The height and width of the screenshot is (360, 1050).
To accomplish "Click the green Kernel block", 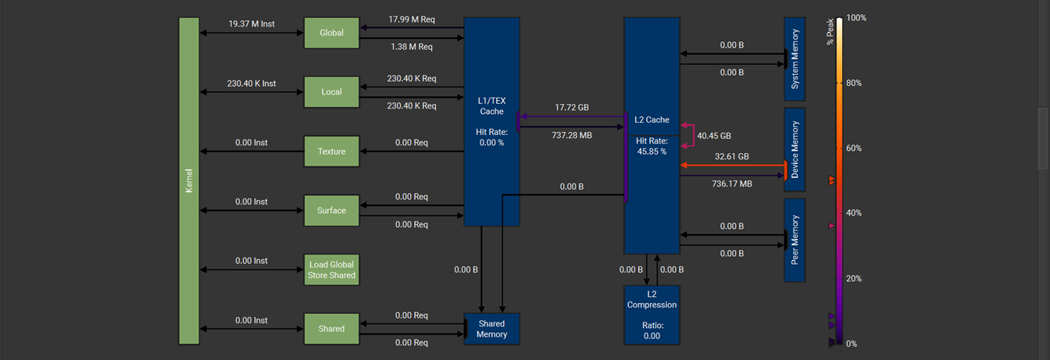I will (189, 180).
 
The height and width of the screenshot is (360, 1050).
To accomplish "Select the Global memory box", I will (331, 33).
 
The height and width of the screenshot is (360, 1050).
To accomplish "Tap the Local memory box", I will (331, 92).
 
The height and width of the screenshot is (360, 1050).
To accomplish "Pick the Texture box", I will (331, 151).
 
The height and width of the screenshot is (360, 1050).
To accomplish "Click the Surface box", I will (331, 211).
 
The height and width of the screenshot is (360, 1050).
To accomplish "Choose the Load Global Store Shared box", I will (331, 269).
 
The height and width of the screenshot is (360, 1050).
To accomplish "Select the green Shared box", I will (331, 329).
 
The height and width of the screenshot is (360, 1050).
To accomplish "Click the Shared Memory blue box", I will (492, 329).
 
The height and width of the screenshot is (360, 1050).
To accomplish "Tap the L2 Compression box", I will (652, 315).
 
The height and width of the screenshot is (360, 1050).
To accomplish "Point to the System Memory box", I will (795, 59).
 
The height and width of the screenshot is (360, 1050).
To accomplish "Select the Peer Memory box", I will (795, 240).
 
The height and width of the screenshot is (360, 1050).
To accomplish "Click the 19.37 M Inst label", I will (252, 24).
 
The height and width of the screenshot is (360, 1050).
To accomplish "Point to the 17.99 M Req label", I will (411, 20).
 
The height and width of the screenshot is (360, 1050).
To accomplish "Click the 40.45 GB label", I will (714, 135).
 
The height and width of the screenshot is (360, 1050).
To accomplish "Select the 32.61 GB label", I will (731, 156).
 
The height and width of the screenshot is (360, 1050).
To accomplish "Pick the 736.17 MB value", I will (731, 184).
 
